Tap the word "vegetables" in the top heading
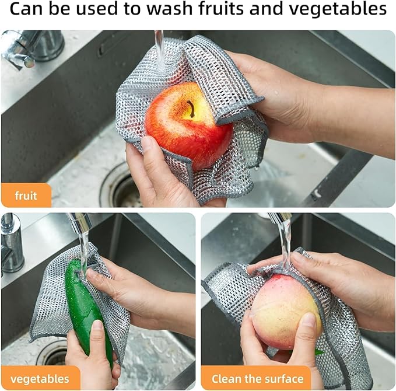345,10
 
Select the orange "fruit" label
26,195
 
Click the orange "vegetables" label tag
40,378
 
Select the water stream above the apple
159,47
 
